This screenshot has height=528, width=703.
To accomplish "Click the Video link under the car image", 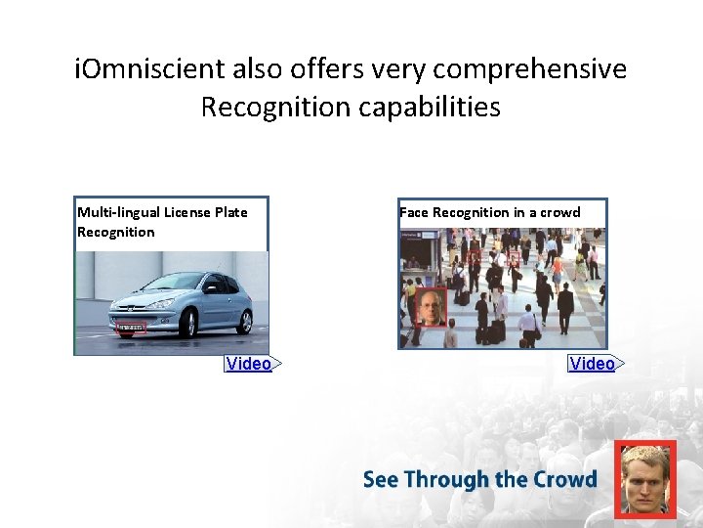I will coord(249,364).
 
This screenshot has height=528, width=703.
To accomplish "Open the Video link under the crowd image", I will coord(593,364).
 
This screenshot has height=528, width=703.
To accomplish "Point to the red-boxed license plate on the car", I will coord(131,329).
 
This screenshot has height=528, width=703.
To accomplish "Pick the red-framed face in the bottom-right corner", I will coord(645,479).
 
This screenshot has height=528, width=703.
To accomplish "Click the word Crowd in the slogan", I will coord(565,479).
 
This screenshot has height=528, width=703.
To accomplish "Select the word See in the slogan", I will coord(380,479).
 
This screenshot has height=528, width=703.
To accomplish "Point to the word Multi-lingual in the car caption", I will coord(118,212).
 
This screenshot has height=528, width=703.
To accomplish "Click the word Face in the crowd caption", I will coord(414,212).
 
